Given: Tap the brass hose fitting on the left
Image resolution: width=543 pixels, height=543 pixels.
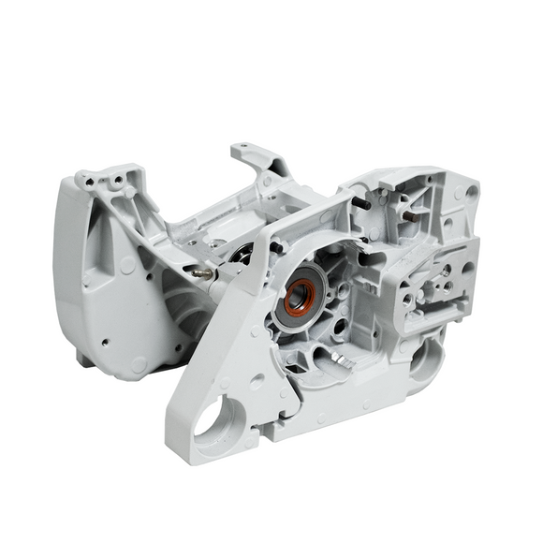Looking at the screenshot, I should (x=202, y=274).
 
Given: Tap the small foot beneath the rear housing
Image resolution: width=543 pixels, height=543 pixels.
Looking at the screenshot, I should (x=84, y=357).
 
